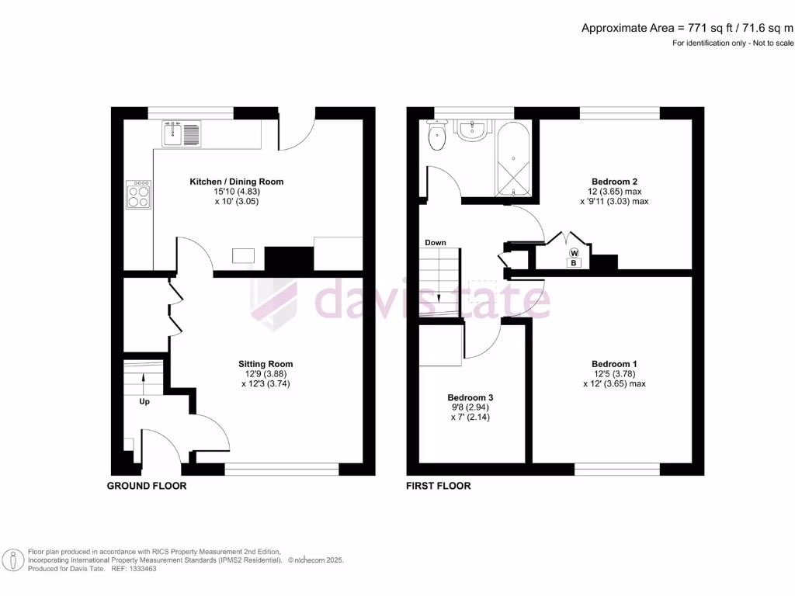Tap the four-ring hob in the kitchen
click(138, 194)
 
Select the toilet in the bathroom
click(437, 138)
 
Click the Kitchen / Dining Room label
click(237, 182)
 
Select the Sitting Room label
click(266, 363)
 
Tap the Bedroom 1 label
click(614, 363)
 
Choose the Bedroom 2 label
click(614, 182)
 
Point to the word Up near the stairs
click(144, 402)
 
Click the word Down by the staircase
click(436, 243)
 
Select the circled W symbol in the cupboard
click(574, 253)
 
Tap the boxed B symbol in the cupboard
click(574, 264)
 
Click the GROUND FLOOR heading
click(147, 486)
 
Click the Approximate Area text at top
click(688, 28)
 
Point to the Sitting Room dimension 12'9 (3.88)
click(266, 373)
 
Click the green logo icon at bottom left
click(13, 559)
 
